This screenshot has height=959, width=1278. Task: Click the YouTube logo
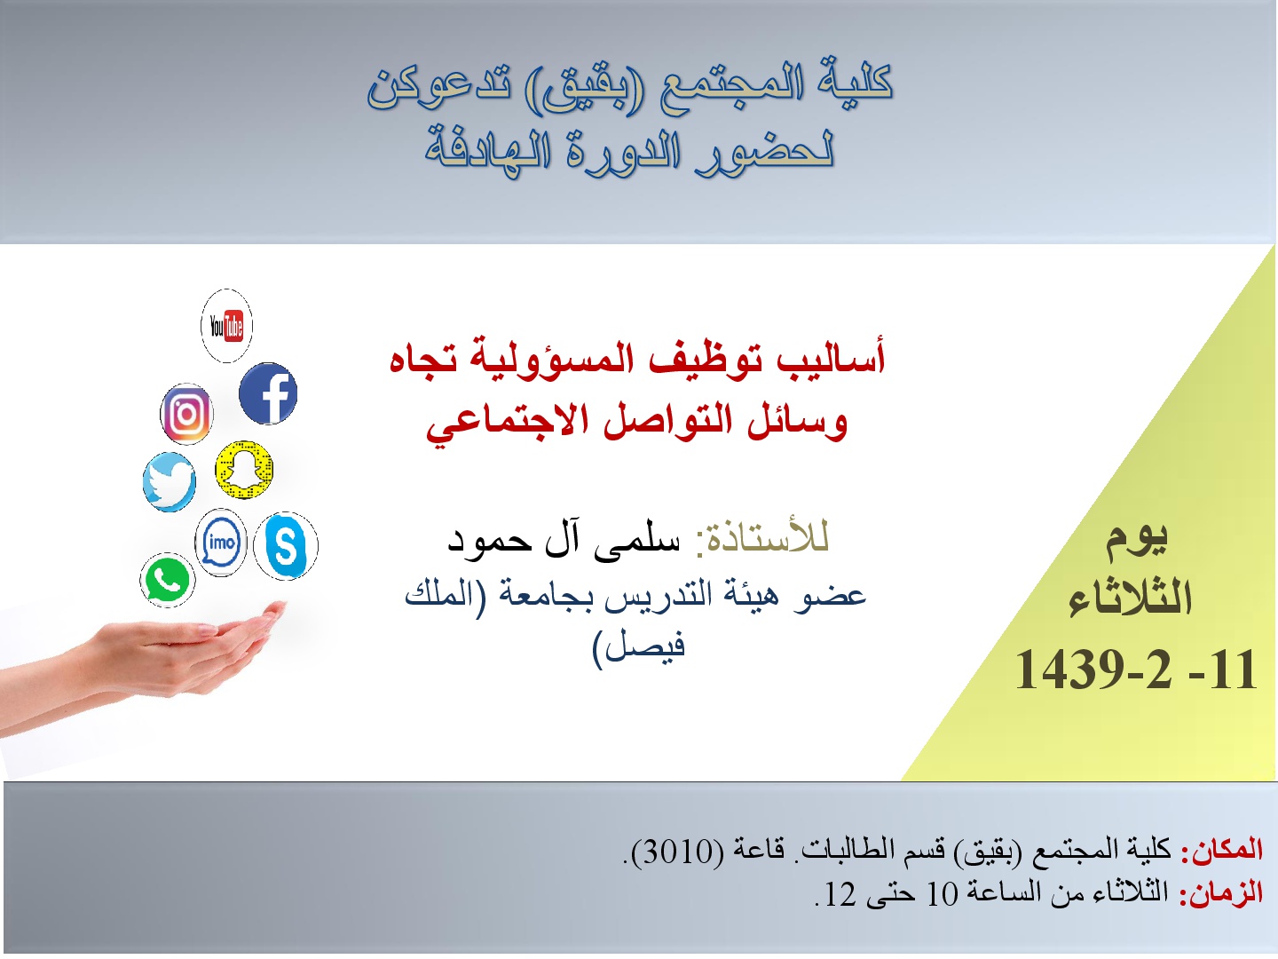pyautogui.click(x=226, y=326)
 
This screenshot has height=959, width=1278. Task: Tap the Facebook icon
pyautogui.click(x=268, y=393)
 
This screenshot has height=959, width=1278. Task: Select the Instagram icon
pyautogui.click(x=186, y=415)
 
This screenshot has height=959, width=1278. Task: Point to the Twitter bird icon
pyautogui.click(x=170, y=482)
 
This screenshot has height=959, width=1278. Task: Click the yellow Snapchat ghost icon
pyautogui.click(x=244, y=470)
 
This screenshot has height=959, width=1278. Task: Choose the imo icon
pyautogui.click(x=221, y=543)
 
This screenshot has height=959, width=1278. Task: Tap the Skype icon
pyautogui.click(x=285, y=545)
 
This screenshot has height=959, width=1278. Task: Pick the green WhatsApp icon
pyautogui.click(x=167, y=579)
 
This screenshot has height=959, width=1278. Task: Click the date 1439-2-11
pyautogui.click(x=1136, y=670)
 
